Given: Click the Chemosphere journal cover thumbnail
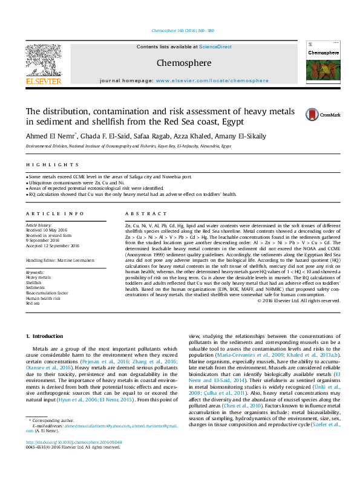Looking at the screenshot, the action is (x=324, y=63).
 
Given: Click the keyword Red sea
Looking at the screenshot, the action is (x=33, y=302).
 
